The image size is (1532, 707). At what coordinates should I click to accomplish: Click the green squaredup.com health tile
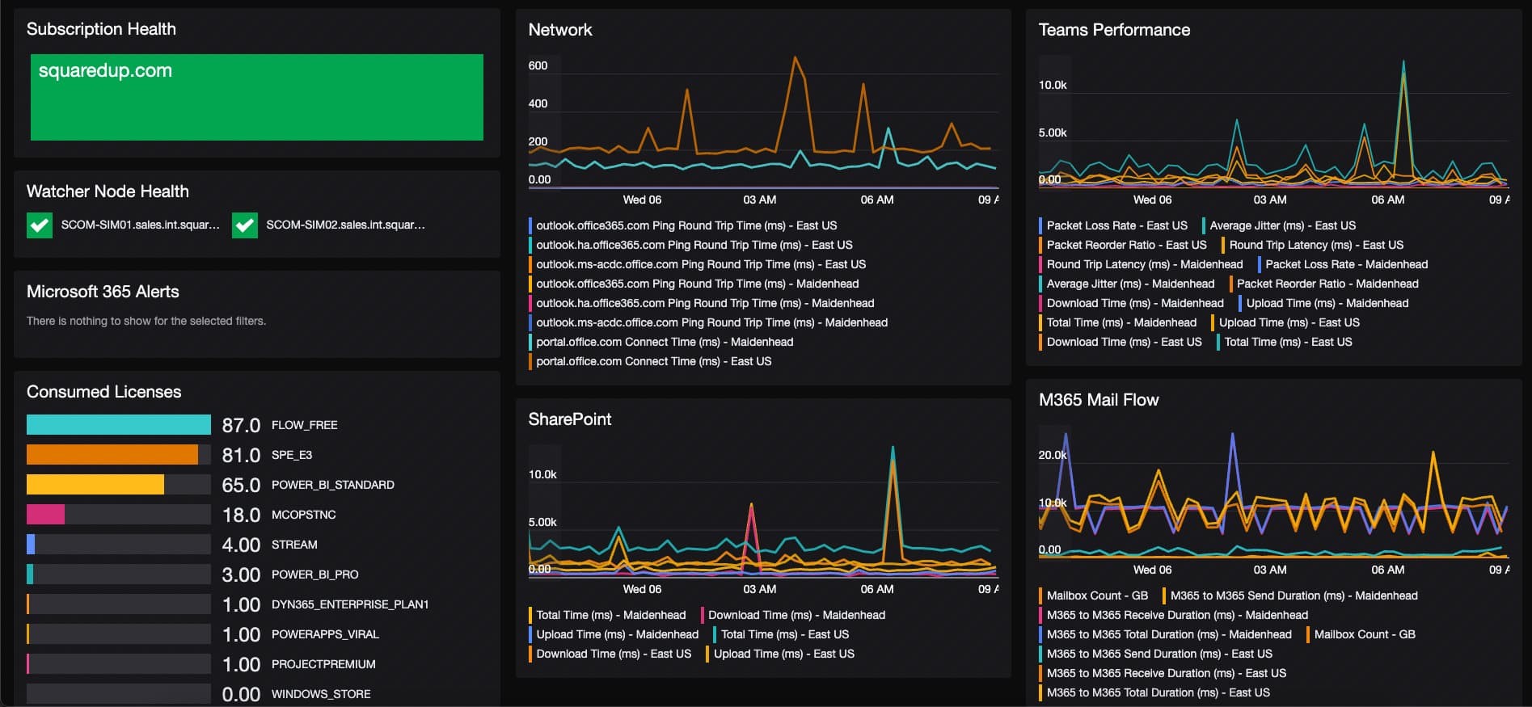pos(256,97)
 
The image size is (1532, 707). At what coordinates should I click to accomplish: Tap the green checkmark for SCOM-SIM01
pos(40,225)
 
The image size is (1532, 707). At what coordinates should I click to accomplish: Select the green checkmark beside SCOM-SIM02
pos(245,225)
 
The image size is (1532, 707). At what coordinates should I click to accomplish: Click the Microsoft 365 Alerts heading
pos(103,292)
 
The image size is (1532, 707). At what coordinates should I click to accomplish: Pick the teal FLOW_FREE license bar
pos(118,425)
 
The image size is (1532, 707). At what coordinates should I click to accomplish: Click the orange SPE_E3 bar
pos(112,455)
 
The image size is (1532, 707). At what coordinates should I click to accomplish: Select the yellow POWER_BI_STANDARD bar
pos(95,485)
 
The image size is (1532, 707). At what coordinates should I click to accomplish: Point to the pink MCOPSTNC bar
pos(45,515)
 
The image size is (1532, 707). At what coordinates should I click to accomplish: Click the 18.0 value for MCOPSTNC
pos(241,516)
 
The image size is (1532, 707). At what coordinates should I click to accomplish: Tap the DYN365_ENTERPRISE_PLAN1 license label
pos(349,604)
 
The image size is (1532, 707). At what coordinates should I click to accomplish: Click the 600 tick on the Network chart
pos(538,65)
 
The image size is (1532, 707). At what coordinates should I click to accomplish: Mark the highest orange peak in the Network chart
pos(796,57)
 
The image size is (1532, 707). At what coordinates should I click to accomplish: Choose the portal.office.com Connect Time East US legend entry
pos(653,361)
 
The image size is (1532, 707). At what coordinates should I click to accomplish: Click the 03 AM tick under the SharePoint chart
pos(759,589)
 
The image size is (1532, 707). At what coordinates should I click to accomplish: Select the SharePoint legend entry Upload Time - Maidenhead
pos(617,634)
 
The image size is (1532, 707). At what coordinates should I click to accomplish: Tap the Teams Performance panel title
pos(1113,30)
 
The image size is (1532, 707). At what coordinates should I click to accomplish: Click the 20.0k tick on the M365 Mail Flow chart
pos(1052,455)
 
